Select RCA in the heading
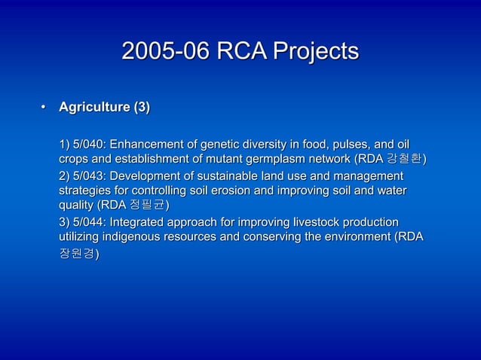pos(236,52)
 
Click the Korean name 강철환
pos(405,160)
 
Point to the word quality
pos(75,206)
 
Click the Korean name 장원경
pos(76,254)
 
